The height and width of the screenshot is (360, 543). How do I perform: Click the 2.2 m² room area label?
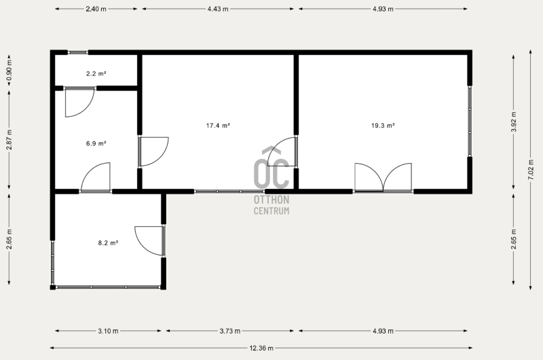[x=96, y=73]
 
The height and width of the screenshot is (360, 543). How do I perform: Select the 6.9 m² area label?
[x=96, y=143]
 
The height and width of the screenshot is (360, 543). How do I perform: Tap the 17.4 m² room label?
[x=218, y=126]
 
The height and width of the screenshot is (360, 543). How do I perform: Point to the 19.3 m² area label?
[x=383, y=126]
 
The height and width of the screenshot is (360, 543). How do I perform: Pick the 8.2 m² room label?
[x=108, y=243]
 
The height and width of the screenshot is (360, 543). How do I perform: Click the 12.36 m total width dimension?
[x=261, y=348]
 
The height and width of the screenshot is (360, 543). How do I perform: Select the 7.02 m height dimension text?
[x=530, y=169]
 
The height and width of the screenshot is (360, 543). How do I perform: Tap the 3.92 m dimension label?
[x=514, y=122]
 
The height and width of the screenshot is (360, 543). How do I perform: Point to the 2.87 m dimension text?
[x=10, y=140]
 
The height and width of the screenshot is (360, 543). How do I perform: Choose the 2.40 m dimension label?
[x=96, y=9]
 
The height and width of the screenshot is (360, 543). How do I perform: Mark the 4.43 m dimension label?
[x=218, y=9]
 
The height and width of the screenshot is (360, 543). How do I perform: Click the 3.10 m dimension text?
[x=108, y=331]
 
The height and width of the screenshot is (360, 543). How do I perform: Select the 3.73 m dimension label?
[x=230, y=331]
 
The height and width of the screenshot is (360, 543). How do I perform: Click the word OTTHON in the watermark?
[x=271, y=200]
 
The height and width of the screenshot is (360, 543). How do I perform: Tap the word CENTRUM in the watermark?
[x=271, y=211]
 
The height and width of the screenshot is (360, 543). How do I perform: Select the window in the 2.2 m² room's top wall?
[x=77, y=52]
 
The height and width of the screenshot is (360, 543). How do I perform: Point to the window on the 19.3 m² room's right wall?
[x=470, y=121]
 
